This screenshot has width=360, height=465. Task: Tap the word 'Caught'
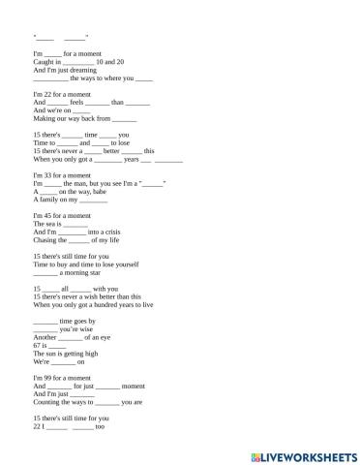click(x=44, y=61)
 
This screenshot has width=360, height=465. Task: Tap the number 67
click(x=38, y=345)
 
